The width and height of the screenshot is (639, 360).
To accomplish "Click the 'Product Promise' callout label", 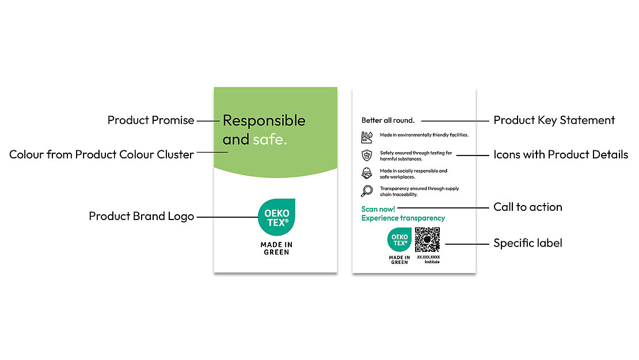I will click(x=151, y=120).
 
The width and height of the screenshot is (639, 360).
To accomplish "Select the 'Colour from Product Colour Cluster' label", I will click(x=101, y=154).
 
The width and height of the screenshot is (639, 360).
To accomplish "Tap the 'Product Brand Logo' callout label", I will click(x=141, y=216).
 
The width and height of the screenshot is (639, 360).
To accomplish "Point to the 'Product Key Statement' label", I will click(x=554, y=120).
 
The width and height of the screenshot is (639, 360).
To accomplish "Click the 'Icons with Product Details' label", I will click(x=560, y=154).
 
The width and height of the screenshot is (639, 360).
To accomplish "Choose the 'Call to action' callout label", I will click(x=527, y=207).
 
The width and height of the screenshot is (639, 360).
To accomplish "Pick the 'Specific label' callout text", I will click(x=527, y=243).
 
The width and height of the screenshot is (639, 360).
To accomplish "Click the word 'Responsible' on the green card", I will click(x=264, y=120).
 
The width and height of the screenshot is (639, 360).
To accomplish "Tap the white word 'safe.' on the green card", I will click(x=269, y=139).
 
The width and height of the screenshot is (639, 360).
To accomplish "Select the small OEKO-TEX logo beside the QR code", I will click(x=400, y=240).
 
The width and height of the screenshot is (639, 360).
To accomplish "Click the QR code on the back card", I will click(x=427, y=240).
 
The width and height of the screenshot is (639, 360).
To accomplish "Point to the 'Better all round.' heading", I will click(x=387, y=120).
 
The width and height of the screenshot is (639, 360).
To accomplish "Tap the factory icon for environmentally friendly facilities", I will click(x=367, y=137).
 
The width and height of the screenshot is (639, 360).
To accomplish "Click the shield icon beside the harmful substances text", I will click(x=367, y=156).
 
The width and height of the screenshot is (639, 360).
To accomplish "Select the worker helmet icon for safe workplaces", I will click(x=367, y=173).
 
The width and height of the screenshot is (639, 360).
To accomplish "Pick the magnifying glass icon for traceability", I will click(x=367, y=191).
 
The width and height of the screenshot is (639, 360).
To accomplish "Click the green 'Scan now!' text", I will click(x=378, y=209).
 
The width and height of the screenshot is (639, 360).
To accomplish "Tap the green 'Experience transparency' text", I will click(x=403, y=218).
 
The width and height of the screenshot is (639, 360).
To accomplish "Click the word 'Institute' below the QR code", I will click(x=432, y=262).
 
